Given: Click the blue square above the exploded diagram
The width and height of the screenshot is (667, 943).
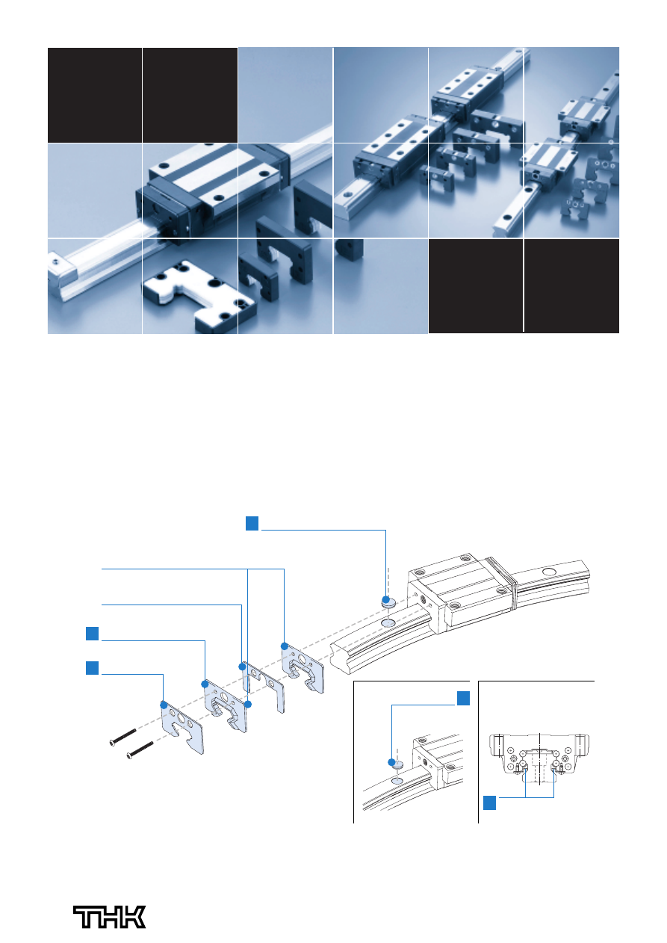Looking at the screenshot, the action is (252, 523).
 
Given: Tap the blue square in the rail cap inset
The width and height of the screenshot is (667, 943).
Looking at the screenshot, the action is (463, 698).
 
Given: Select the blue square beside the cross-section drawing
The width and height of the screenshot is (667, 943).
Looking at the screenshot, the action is (489, 803).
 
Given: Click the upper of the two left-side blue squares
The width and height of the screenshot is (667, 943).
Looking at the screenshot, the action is (92, 634).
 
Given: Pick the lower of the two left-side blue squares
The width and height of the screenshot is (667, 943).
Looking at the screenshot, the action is (92, 668).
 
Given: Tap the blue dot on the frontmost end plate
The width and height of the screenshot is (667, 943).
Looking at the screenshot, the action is (164, 705).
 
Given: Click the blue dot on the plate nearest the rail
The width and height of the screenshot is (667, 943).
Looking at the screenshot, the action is (284, 646).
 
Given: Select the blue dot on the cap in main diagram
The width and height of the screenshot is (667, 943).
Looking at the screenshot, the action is (385, 599).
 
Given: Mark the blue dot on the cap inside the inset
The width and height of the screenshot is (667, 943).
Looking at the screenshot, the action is (391, 762).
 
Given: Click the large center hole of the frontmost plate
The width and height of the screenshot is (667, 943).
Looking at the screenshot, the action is (181, 718).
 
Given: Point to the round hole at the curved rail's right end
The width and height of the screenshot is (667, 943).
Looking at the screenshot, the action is (549, 572).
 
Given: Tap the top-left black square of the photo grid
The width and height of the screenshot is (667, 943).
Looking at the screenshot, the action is (95, 95).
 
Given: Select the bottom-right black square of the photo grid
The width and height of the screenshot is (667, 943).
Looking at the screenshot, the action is (571, 286).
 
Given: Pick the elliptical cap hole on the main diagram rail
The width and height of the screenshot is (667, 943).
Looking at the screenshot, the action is (388, 622).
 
